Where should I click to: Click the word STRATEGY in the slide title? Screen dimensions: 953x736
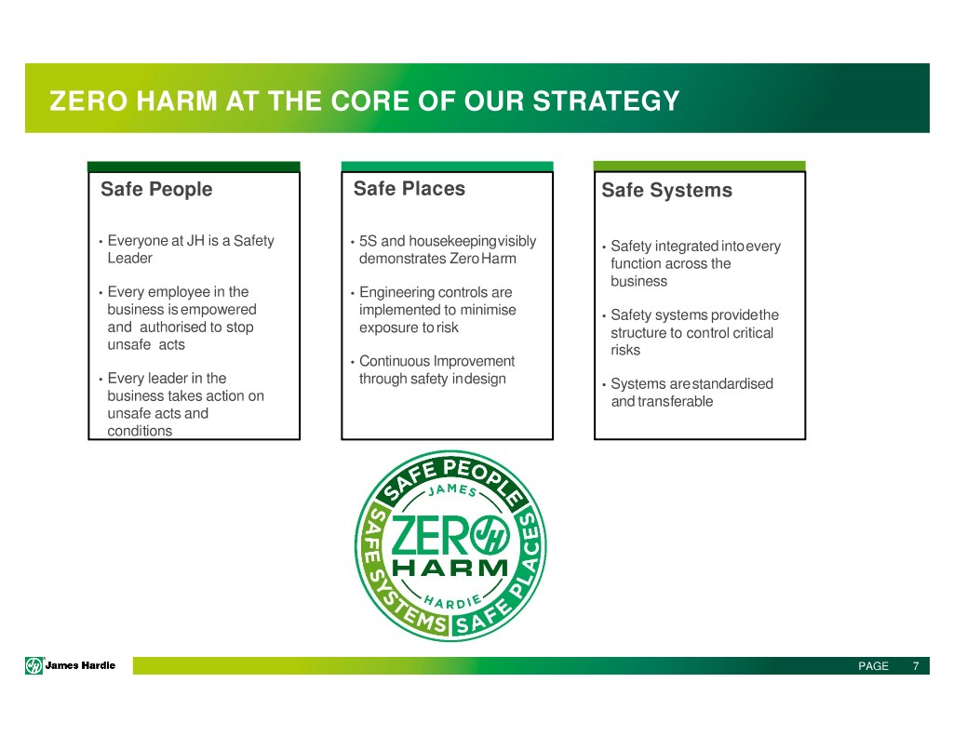point(606,100)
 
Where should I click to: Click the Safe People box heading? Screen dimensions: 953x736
point(156,189)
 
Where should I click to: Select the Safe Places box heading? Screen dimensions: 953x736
point(409,188)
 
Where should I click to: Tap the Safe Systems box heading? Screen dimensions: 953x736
point(666,190)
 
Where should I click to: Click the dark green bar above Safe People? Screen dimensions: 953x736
point(194,167)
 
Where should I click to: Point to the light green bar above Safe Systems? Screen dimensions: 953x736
point(700,166)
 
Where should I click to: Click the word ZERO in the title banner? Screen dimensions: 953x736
point(88,100)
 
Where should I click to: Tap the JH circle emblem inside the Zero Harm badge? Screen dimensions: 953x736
point(491,535)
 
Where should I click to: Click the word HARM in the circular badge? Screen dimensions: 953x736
point(450,569)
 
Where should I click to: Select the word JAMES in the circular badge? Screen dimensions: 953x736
point(452,489)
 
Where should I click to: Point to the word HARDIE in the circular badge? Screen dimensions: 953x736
point(453,602)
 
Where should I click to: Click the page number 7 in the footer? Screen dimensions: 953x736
point(916,666)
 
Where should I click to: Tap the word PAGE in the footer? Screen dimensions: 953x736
point(873,666)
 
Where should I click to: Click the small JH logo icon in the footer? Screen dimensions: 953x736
point(34,665)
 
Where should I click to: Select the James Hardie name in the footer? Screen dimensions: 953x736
point(80,665)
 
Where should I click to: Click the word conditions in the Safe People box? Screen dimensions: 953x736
point(140,431)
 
